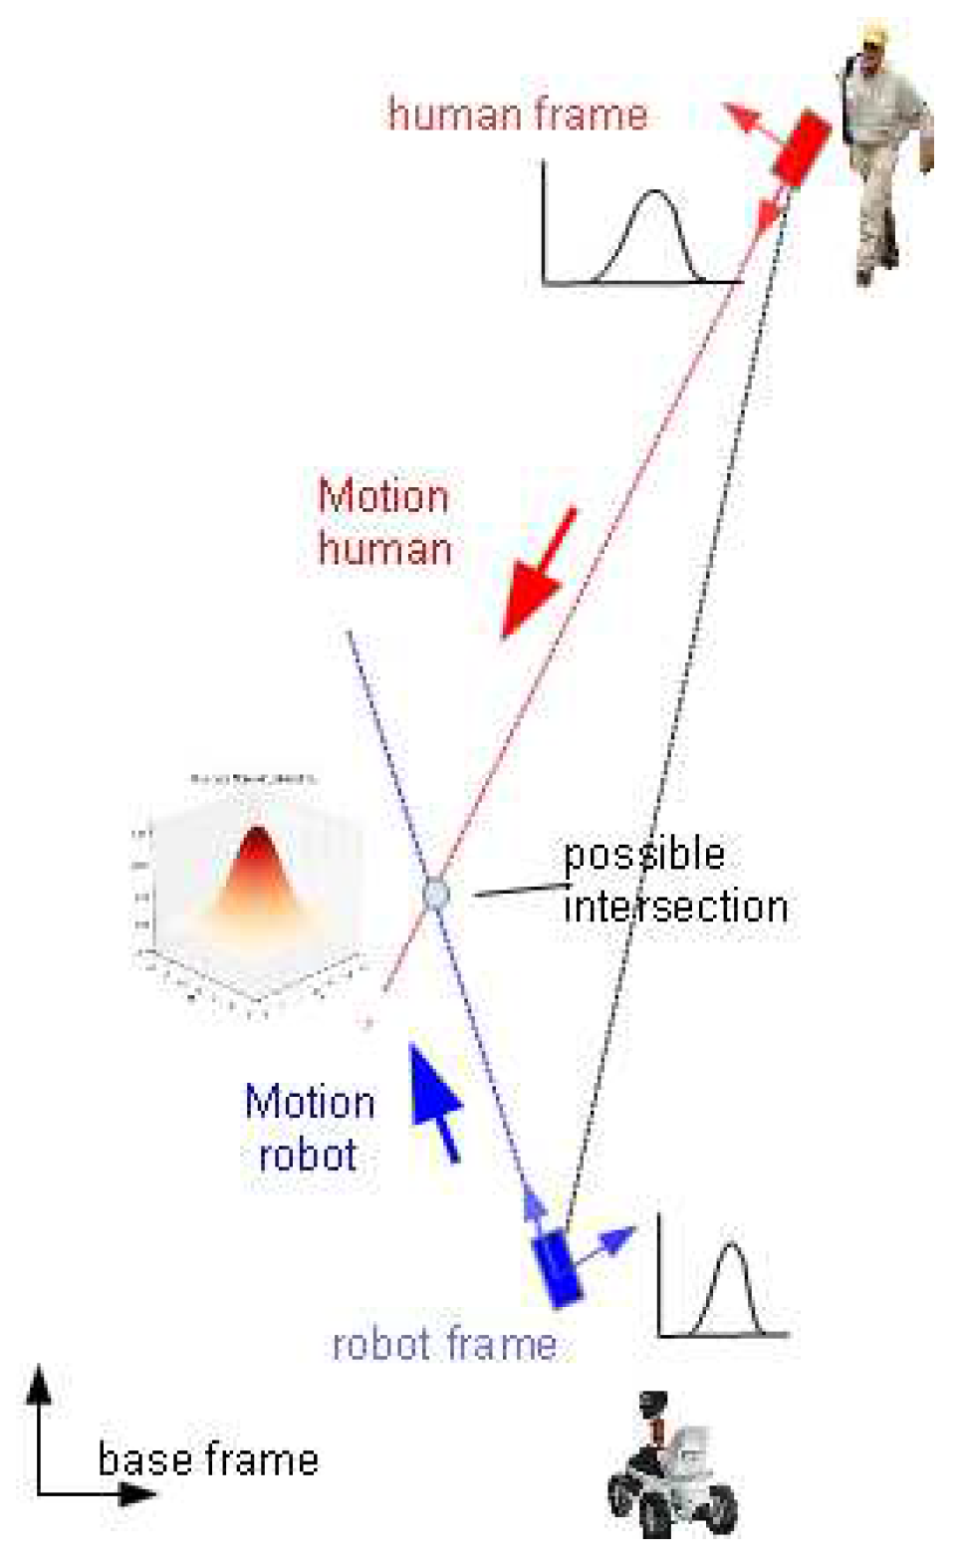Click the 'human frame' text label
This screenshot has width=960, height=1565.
[517, 115]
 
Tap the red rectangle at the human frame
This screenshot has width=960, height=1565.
[803, 147]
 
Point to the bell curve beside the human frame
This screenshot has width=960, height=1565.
[652, 235]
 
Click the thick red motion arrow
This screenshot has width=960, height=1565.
[538, 574]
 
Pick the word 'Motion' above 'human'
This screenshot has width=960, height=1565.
[383, 496]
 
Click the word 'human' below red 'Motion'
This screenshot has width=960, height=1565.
[385, 549]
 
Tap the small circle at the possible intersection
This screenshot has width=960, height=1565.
[435, 894]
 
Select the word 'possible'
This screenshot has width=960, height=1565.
[643, 856]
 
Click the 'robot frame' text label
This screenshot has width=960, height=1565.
[444, 1344]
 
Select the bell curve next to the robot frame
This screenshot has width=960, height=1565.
[731, 1290]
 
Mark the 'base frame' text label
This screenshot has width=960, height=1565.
[208, 1460]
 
